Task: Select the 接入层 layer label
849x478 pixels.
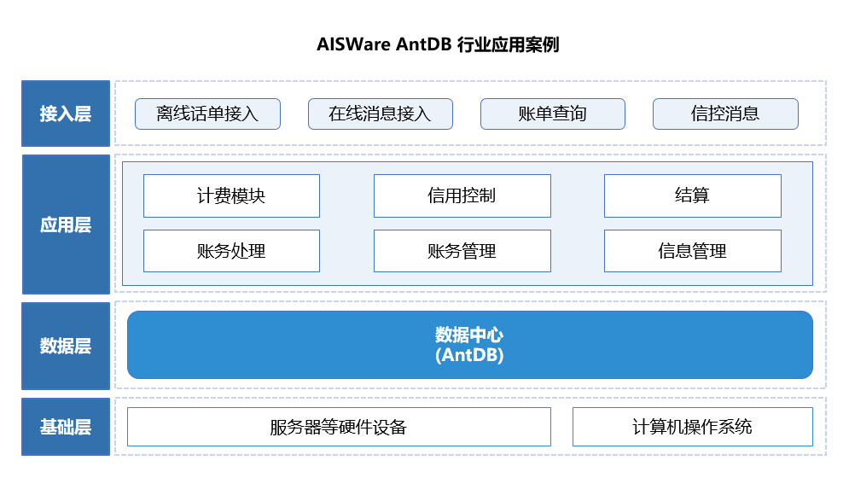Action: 66,114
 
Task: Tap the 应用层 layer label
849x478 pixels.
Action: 66,225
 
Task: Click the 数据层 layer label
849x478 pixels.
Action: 66,346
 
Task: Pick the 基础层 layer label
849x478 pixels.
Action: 66,427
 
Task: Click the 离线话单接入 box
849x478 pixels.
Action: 207,114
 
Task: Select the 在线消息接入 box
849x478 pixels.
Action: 380,114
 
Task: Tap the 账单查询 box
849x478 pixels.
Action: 552,114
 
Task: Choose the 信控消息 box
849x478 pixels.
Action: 725,114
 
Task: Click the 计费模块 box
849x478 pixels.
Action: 231,195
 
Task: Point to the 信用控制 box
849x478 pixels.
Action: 462,195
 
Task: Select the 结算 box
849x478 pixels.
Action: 692,195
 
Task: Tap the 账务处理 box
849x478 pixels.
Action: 231,251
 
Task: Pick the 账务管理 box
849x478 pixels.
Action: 462,251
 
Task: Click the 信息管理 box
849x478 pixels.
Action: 692,251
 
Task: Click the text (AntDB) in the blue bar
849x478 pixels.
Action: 469,355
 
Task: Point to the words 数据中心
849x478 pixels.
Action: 469,335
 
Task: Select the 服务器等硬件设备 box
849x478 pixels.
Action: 339,427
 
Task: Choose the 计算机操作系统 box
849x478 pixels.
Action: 692,427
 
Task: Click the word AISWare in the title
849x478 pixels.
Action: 353,44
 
